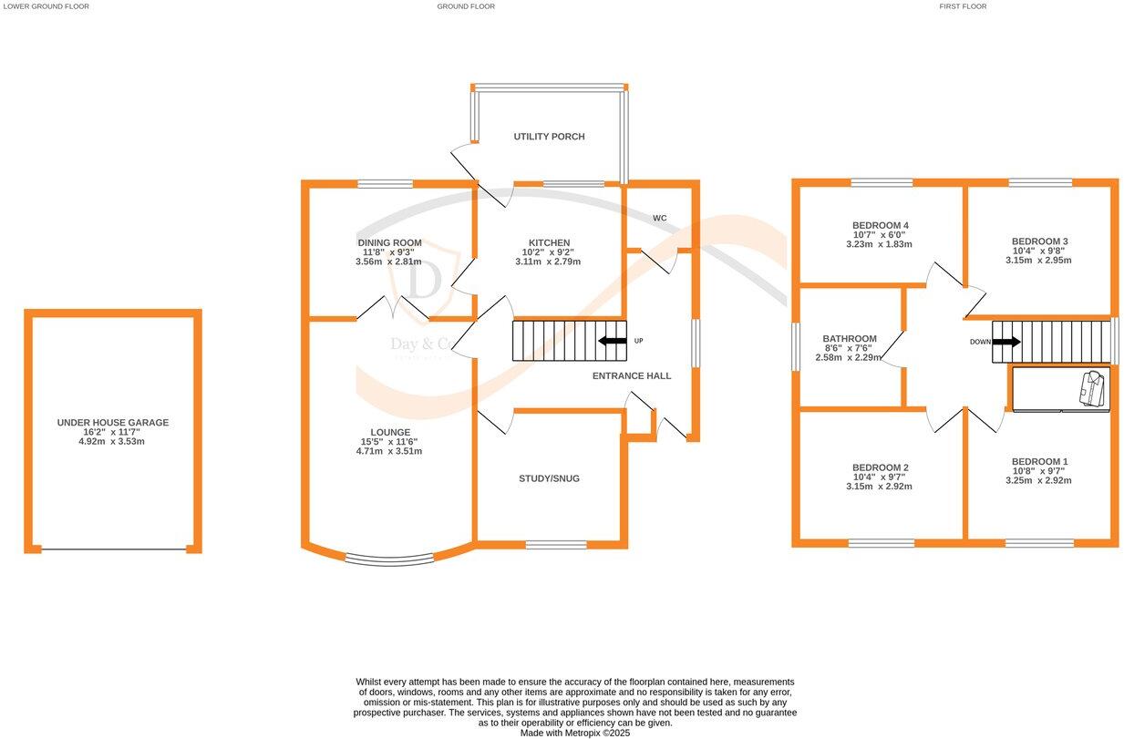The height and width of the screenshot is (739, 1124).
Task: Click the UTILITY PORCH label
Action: tap(549, 137)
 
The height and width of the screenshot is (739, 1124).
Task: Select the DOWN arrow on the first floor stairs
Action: tap(1006, 342)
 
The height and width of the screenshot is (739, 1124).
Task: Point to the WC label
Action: tap(659, 219)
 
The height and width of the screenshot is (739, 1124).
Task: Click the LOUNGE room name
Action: tap(389, 432)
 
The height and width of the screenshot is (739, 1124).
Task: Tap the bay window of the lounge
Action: tap(389, 559)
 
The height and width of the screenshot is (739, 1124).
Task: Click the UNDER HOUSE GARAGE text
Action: tap(112, 423)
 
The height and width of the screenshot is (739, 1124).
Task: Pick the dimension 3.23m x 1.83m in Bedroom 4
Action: tap(879, 244)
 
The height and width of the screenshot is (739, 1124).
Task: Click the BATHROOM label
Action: tap(849, 339)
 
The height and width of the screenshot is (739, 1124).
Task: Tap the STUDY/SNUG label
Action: tap(549, 478)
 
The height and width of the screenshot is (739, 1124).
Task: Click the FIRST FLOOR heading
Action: tap(963, 6)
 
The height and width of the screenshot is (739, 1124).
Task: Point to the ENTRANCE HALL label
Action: tap(632, 375)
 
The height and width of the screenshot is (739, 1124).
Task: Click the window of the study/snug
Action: tap(556, 545)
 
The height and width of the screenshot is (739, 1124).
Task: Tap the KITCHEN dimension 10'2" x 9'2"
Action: tap(547, 252)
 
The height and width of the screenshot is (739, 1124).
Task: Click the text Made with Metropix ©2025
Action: tap(574, 733)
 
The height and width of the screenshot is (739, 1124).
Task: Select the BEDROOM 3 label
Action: tap(1039, 241)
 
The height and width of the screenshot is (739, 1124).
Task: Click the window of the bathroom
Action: tap(795, 345)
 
